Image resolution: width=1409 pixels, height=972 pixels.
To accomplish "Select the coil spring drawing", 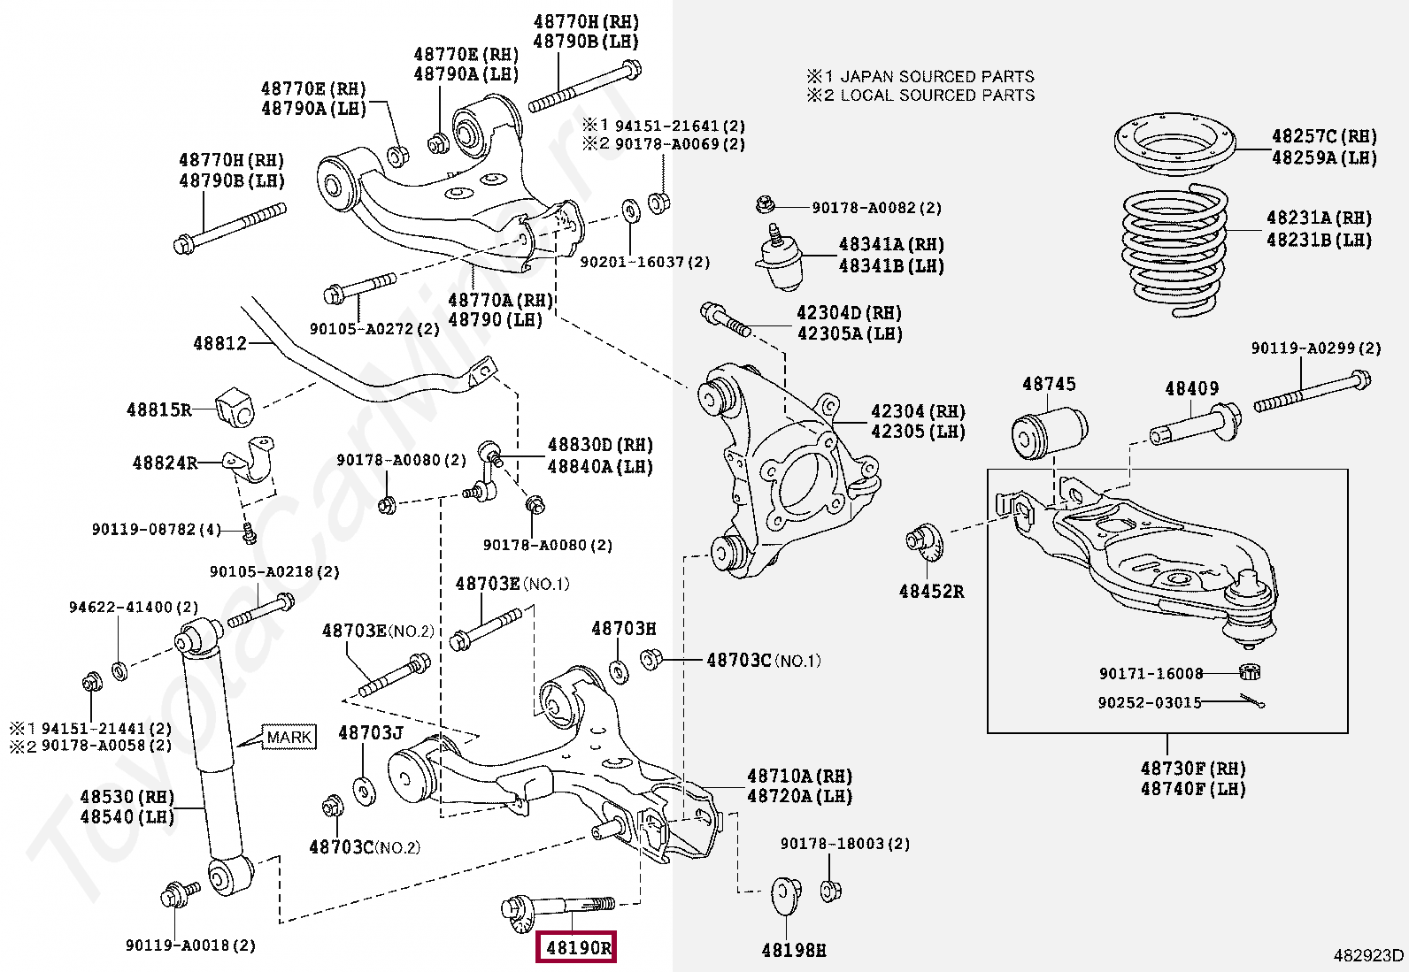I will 1175,252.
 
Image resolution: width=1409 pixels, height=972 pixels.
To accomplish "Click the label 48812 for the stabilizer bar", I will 220,343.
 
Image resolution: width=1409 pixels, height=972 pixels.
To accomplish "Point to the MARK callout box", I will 289,737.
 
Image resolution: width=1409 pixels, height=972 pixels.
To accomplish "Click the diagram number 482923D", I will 1367,955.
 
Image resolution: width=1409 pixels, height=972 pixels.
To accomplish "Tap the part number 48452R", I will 931,592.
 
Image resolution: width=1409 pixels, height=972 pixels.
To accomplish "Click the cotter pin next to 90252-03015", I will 1251,702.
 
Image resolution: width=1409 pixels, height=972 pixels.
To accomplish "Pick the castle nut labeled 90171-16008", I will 1249,672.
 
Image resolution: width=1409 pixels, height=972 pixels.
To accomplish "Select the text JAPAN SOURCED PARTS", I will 936,77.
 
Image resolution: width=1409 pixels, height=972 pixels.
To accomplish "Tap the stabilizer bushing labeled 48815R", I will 235,407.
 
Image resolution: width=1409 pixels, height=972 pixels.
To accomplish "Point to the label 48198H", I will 793,951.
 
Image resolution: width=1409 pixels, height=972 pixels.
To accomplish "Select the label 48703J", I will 370,733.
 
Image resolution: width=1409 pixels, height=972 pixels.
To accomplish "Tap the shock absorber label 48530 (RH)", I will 127,797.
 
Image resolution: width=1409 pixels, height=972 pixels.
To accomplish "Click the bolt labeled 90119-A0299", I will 1313,394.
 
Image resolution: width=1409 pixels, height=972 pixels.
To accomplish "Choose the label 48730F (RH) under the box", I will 1192,769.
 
